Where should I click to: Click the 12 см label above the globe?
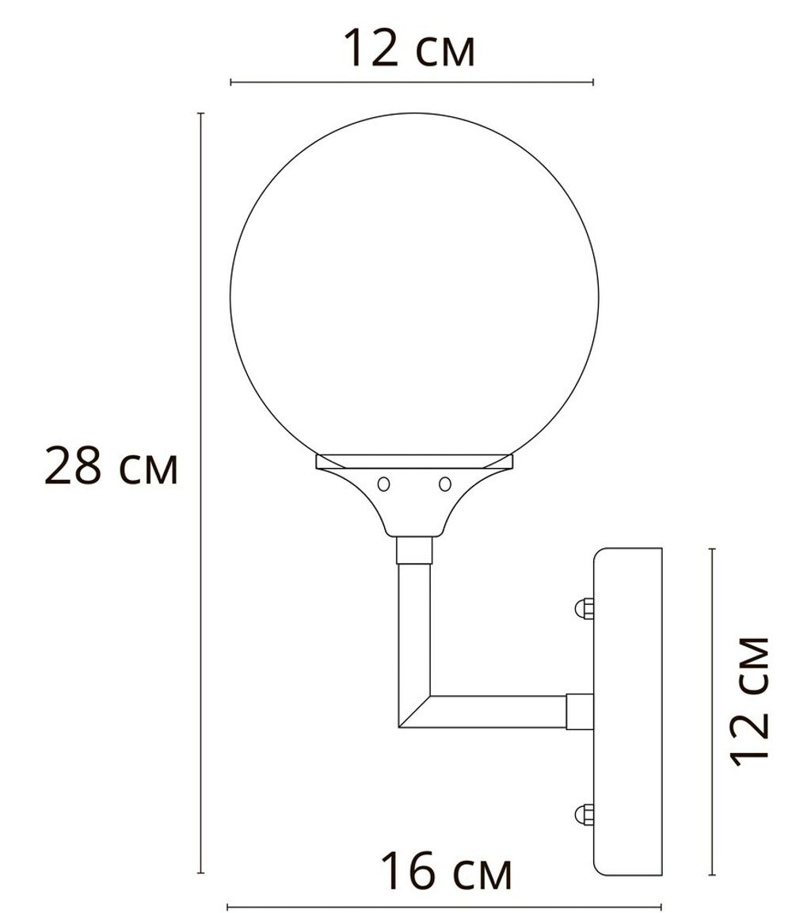pos(409,48)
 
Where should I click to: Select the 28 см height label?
pos(112,467)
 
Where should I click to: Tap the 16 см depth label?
pos(446,871)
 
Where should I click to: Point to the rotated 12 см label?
pos(749,700)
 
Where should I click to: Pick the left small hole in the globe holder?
pos(384,483)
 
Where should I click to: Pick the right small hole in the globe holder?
pos(444,483)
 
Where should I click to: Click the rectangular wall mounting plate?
pos(628,711)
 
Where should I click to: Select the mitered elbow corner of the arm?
pos(414,710)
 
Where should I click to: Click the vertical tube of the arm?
pos(413,626)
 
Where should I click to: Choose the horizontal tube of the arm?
pos(499,711)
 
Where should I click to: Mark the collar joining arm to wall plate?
pos(580,710)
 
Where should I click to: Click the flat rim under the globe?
pos(414,460)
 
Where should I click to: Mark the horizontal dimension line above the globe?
pos(412,82)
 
